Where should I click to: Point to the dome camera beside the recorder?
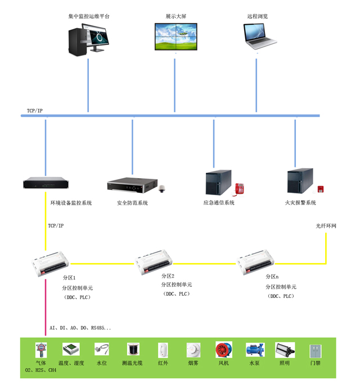[163, 189]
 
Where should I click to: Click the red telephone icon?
[240, 188]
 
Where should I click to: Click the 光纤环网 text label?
[326, 226]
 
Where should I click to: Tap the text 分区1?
[69, 278]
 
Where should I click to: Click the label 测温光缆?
[132, 363]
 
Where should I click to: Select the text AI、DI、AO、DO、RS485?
[80, 328]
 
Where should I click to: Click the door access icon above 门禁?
[315, 351]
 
